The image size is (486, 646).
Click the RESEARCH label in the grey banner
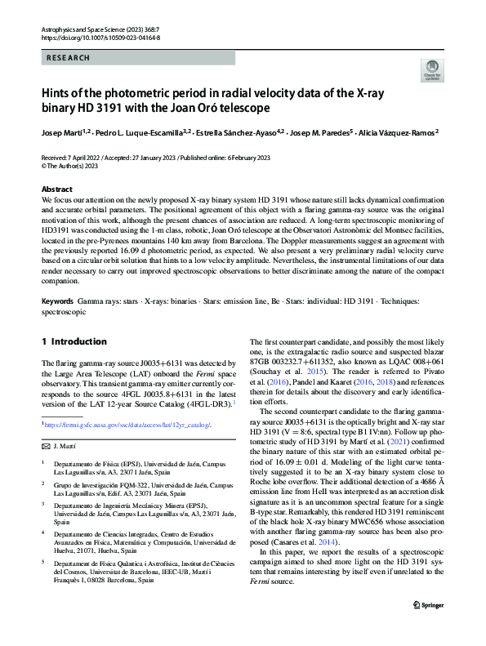[x=69, y=58]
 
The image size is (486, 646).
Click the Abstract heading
[x=57, y=189]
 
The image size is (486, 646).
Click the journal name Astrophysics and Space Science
[x=91, y=29]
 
